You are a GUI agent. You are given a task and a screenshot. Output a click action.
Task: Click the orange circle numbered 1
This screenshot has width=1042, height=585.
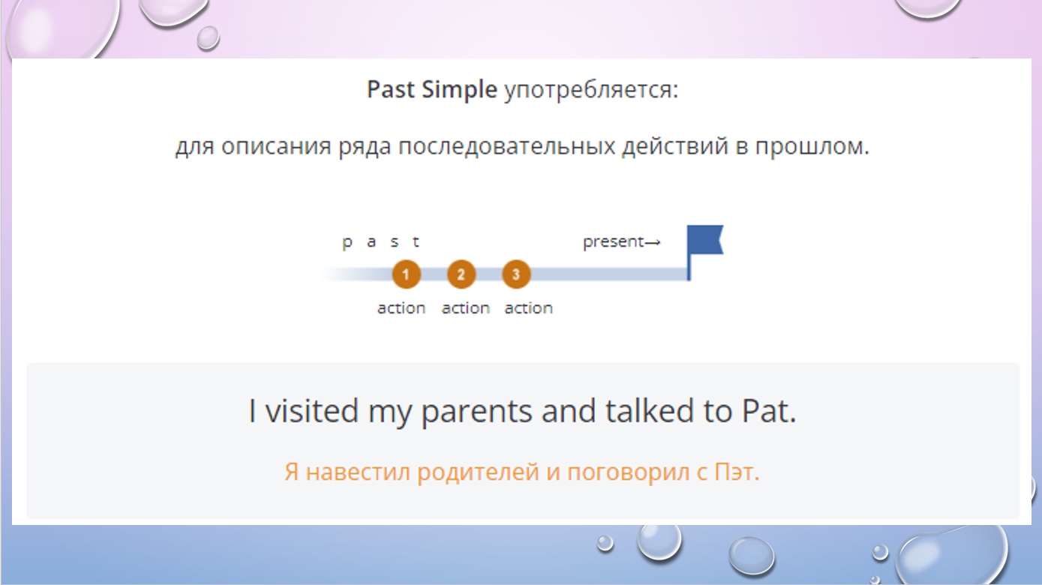(406, 274)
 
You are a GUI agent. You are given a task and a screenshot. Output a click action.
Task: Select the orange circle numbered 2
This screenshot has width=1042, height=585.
(461, 274)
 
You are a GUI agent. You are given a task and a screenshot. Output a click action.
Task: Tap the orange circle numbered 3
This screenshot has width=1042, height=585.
(516, 274)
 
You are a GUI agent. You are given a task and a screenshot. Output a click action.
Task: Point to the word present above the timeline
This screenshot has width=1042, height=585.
(613, 242)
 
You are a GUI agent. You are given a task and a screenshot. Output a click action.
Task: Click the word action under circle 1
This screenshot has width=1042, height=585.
(401, 307)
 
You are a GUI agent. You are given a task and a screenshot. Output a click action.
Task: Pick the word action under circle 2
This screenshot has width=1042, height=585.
(465, 307)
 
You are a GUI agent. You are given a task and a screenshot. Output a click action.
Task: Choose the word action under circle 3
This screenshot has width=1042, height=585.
(528, 307)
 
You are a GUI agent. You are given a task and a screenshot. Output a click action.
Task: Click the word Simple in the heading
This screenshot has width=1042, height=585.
(459, 90)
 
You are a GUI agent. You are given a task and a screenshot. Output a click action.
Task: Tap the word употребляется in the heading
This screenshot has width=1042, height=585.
(591, 90)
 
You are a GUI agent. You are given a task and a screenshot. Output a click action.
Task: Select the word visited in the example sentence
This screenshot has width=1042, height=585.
(311, 410)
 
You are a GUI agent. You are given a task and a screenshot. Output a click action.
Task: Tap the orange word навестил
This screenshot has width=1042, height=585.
(358, 472)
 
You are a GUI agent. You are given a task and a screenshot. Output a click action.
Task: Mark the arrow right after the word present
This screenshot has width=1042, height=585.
(653, 243)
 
